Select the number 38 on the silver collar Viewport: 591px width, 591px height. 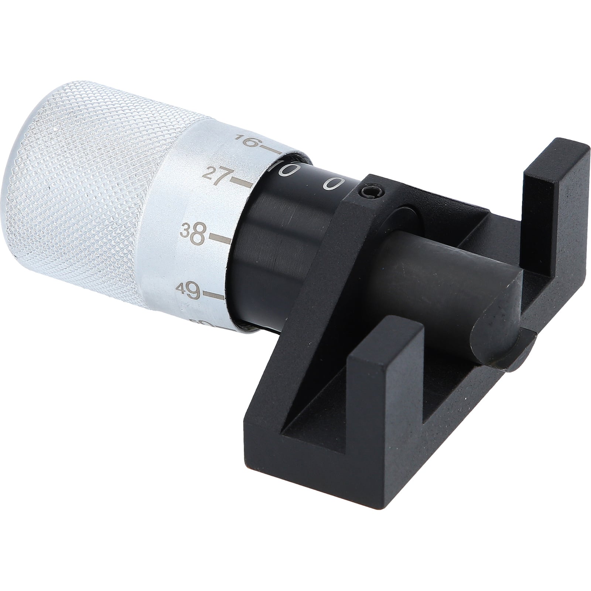click(x=193, y=232)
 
